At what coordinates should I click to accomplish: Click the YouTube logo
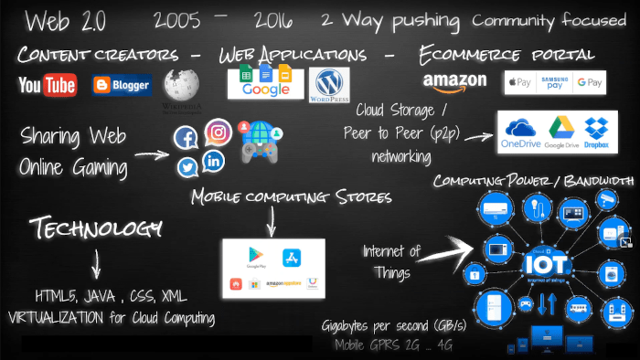pyautogui.click(x=48, y=85)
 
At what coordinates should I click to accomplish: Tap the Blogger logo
pyautogui.click(x=122, y=86)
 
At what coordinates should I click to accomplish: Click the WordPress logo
pyautogui.click(x=328, y=84)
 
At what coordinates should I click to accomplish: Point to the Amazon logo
pyautogui.click(x=454, y=82)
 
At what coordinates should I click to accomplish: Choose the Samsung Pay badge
pyautogui.click(x=554, y=82)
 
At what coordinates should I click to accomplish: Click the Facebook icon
pyautogui.click(x=186, y=139)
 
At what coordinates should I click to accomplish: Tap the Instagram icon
pyautogui.click(x=218, y=132)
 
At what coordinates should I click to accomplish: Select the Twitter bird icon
pyautogui.click(x=187, y=167)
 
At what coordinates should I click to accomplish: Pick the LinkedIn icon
pyautogui.click(x=214, y=161)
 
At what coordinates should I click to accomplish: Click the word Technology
pyautogui.click(x=95, y=226)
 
